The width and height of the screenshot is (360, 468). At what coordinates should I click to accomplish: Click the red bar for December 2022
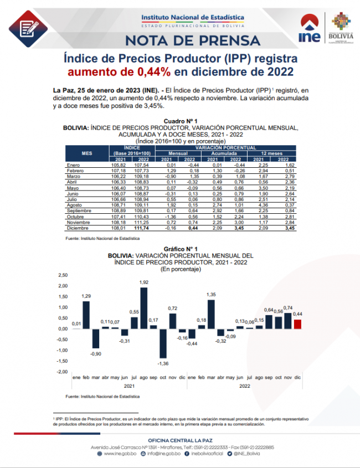pos(297,324)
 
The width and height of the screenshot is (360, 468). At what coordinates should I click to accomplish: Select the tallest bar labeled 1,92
pos(144,307)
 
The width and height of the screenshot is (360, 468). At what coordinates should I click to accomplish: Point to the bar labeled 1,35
pos(211,314)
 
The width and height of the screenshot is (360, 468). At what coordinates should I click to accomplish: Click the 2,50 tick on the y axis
pos(63,275)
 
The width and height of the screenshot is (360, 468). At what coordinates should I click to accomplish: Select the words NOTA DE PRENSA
pos(193,40)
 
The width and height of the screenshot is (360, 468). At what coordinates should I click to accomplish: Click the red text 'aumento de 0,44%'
pos(119,71)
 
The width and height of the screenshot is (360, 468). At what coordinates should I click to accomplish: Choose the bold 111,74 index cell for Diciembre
pos(140,227)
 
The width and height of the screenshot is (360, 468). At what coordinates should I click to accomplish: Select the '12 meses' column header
pos(270,153)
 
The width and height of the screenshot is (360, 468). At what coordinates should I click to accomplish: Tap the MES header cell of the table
pos(86,153)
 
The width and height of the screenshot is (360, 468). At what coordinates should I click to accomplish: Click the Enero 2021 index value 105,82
pos(119,165)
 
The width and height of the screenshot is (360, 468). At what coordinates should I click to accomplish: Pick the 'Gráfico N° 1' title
pos(180,249)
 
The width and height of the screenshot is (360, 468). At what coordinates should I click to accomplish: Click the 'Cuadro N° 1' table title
pos(181,121)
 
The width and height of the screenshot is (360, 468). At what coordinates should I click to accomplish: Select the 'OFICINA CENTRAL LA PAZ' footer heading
pos(180,440)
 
